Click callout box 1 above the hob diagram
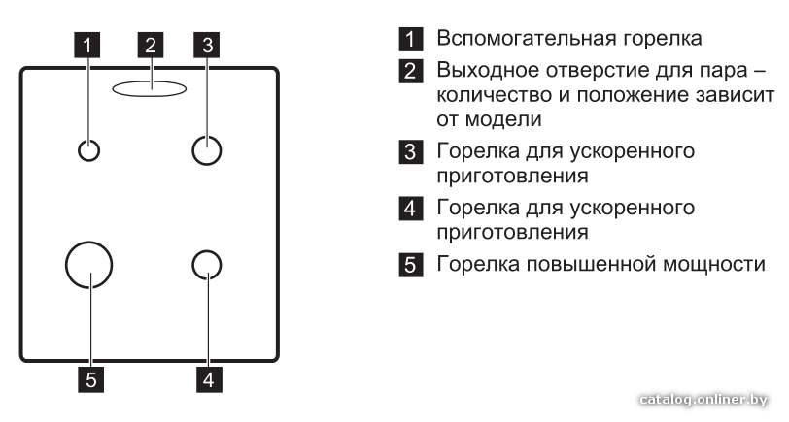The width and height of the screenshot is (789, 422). [87, 45]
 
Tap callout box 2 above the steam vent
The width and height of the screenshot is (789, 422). [151, 45]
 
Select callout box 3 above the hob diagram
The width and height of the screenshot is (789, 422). [207, 45]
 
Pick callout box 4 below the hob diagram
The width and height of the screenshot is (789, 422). [209, 379]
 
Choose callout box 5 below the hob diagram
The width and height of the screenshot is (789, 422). [90, 379]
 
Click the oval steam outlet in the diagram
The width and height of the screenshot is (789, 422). [149, 81]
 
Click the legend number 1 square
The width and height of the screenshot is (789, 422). [411, 39]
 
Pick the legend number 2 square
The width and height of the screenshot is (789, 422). [411, 71]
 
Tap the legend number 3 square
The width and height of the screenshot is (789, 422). [411, 151]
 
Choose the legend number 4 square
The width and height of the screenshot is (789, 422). [411, 208]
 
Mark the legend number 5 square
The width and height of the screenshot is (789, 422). [411, 264]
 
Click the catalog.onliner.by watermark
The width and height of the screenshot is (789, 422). [703, 400]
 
